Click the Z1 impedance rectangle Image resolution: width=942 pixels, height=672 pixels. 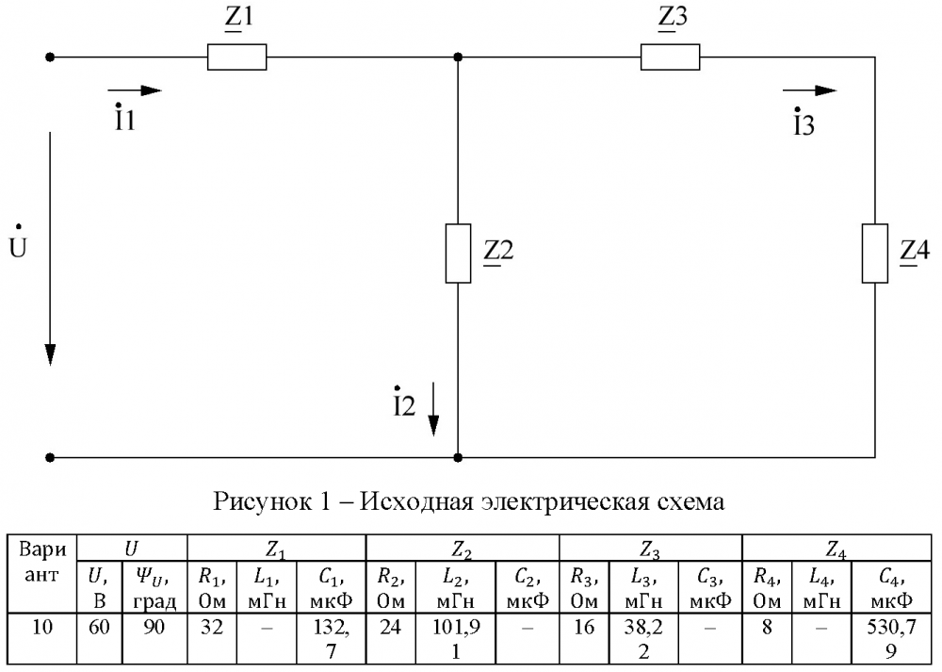[x=236, y=57]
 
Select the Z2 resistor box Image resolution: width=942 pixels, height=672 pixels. [x=458, y=253]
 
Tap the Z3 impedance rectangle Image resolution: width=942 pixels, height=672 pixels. [x=670, y=57]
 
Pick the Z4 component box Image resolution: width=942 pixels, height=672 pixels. [x=875, y=253]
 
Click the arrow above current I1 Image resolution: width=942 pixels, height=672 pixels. [x=135, y=90]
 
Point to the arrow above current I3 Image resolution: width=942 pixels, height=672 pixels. [x=810, y=90]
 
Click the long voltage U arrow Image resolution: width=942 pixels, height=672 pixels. [x=51, y=249]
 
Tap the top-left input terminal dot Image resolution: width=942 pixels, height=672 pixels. [x=51, y=57]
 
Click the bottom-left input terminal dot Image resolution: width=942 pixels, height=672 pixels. [x=51, y=457]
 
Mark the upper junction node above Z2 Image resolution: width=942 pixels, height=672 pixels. [x=458, y=57]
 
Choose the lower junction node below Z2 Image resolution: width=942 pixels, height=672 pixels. [x=458, y=457]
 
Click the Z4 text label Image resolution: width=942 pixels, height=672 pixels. [x=915, y=251]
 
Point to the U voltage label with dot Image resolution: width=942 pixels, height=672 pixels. [x=18, y=243]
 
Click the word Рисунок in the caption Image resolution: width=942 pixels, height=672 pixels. [x=261, y=500]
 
